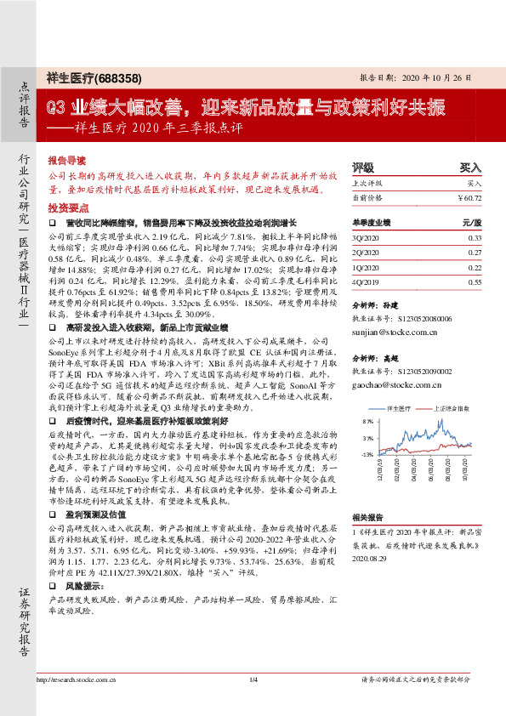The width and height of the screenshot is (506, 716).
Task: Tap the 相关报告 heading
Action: (367, 517)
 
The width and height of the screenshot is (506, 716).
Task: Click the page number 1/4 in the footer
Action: (253, 702)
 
